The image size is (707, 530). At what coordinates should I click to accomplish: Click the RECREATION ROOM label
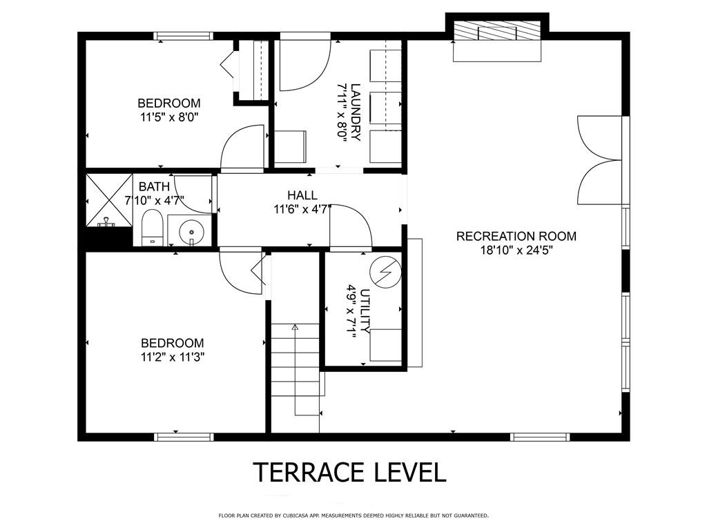pyautogui.click(x=516, y=236)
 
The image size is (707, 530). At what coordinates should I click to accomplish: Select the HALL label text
pyautogui.click(x=302, y=195)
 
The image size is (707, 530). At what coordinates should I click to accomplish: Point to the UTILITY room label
pyautogui.click(x=366, y=311)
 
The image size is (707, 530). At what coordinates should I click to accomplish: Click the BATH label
pyautogui.click(x=154, y=186)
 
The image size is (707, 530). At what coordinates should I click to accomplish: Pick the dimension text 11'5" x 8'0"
pyautogui.click(x=169, y=117)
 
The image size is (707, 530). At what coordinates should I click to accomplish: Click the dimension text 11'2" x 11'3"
pyautogui.click(x=172, y=357)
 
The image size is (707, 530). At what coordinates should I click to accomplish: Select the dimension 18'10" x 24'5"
pyautogui.click(x=516, y=251)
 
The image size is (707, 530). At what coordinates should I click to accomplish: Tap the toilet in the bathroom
pyautogui.click(x=152, y=228)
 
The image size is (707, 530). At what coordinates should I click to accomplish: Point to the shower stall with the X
pyautogui.click(x=108, y=199)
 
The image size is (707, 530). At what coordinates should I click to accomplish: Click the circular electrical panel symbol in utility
pyautogui.click(x=385, y=272)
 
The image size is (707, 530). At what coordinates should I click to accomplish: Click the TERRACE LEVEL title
pyautogui.click(x=350, y=472)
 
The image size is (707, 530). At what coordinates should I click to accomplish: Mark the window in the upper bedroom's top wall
pyautogui.click(x=183, y=36)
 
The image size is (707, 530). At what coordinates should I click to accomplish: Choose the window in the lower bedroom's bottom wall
pyautogui.click(x=184, y=437)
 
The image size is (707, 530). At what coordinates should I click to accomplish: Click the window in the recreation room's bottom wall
pyautogui.click(x=540, y=437)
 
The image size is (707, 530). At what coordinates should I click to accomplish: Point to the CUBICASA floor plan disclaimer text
pyautogui.click(x=353, y=515)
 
